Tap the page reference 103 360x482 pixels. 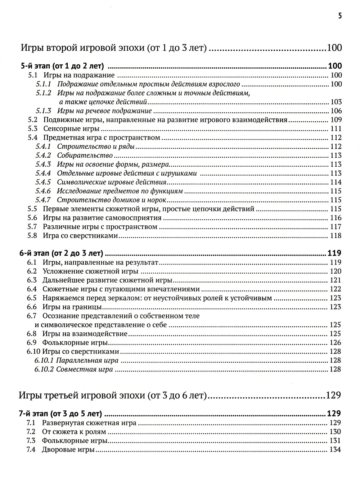336,102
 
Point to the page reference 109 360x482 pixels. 336,120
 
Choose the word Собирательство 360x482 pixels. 85,156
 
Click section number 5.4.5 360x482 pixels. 43,182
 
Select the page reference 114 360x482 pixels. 336,182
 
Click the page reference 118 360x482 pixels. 336,236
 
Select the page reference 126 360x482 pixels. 336,343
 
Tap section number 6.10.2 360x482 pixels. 44,369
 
